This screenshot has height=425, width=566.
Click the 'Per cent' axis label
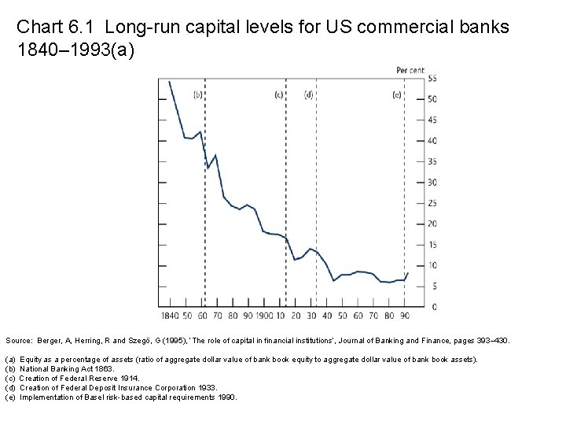(410, 70)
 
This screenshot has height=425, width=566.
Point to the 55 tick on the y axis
(432, 78)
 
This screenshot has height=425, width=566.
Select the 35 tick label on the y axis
(432, 161)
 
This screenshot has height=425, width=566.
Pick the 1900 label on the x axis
(264, 316)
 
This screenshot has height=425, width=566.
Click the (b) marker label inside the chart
(198, 94)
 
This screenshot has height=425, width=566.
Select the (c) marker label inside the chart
(278, 94)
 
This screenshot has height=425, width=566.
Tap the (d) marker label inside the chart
(308, 94)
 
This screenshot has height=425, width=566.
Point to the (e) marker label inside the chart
(397, 94)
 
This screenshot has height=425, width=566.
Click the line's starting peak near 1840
(169, 81)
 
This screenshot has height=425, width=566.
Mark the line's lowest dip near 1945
(333, 281)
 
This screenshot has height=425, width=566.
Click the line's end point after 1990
(408, 272)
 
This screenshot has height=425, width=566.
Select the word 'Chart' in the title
(36, 27)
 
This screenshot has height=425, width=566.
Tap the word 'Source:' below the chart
(19, 342)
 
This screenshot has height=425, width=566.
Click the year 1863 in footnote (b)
(104, 368)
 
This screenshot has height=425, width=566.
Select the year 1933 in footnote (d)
(204, 387)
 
